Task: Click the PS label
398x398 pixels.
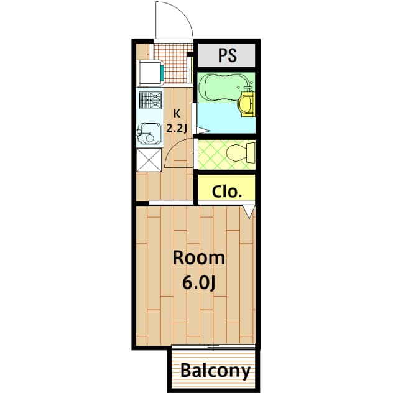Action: click(227, 55)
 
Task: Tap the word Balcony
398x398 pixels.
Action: click(215, 371)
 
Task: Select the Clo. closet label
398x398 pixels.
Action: click(226, 191)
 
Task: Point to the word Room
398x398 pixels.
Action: click(198, 257)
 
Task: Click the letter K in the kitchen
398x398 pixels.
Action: click(177, 113)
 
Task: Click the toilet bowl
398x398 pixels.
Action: click(240, 152)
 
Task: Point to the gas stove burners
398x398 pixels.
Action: click(149, 100)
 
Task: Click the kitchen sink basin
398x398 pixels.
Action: click(148, 131)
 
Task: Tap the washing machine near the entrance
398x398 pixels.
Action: click(150, 73)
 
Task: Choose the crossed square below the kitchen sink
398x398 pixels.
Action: click(149, 159)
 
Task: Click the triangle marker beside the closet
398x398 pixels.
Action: click(249, 211)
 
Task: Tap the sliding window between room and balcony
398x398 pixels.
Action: click(213, 346)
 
